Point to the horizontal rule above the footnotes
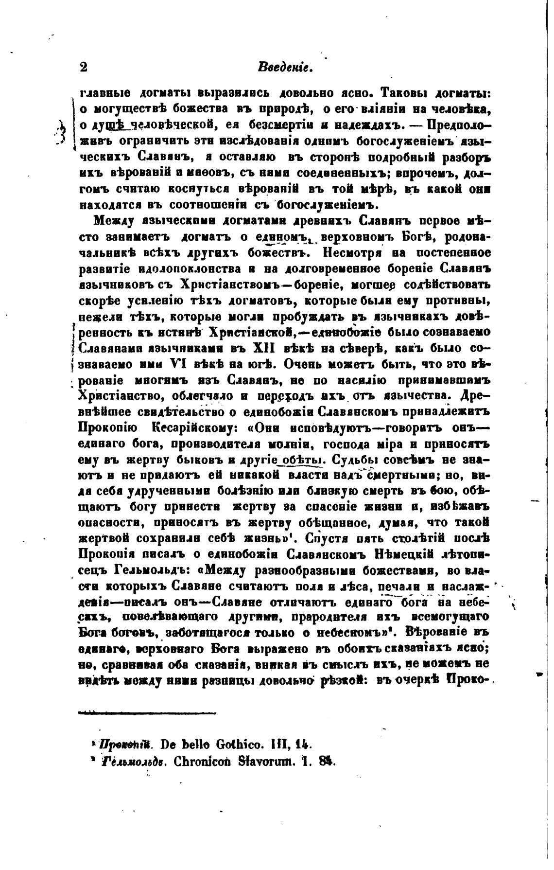tap(147, 713)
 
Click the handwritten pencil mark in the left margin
tap(62, 132)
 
